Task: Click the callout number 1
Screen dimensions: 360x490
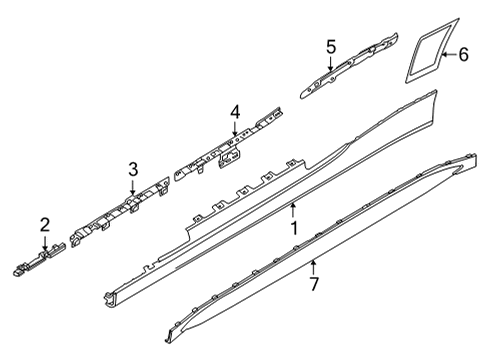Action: [x=293, y=228]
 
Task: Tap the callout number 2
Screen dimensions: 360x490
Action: [x=44, y=223]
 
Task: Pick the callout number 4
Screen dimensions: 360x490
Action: [x=234, y=112]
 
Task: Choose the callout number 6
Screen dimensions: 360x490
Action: [x=463, y=55]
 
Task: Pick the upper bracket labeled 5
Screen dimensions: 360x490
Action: [x=345, y=67]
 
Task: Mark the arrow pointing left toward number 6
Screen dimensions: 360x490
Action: [x=447, y=55]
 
